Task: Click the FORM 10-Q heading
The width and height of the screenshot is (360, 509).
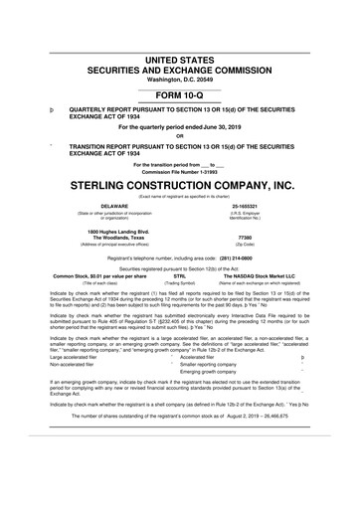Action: point(180,68)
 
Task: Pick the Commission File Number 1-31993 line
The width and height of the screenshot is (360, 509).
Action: point(180,172)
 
